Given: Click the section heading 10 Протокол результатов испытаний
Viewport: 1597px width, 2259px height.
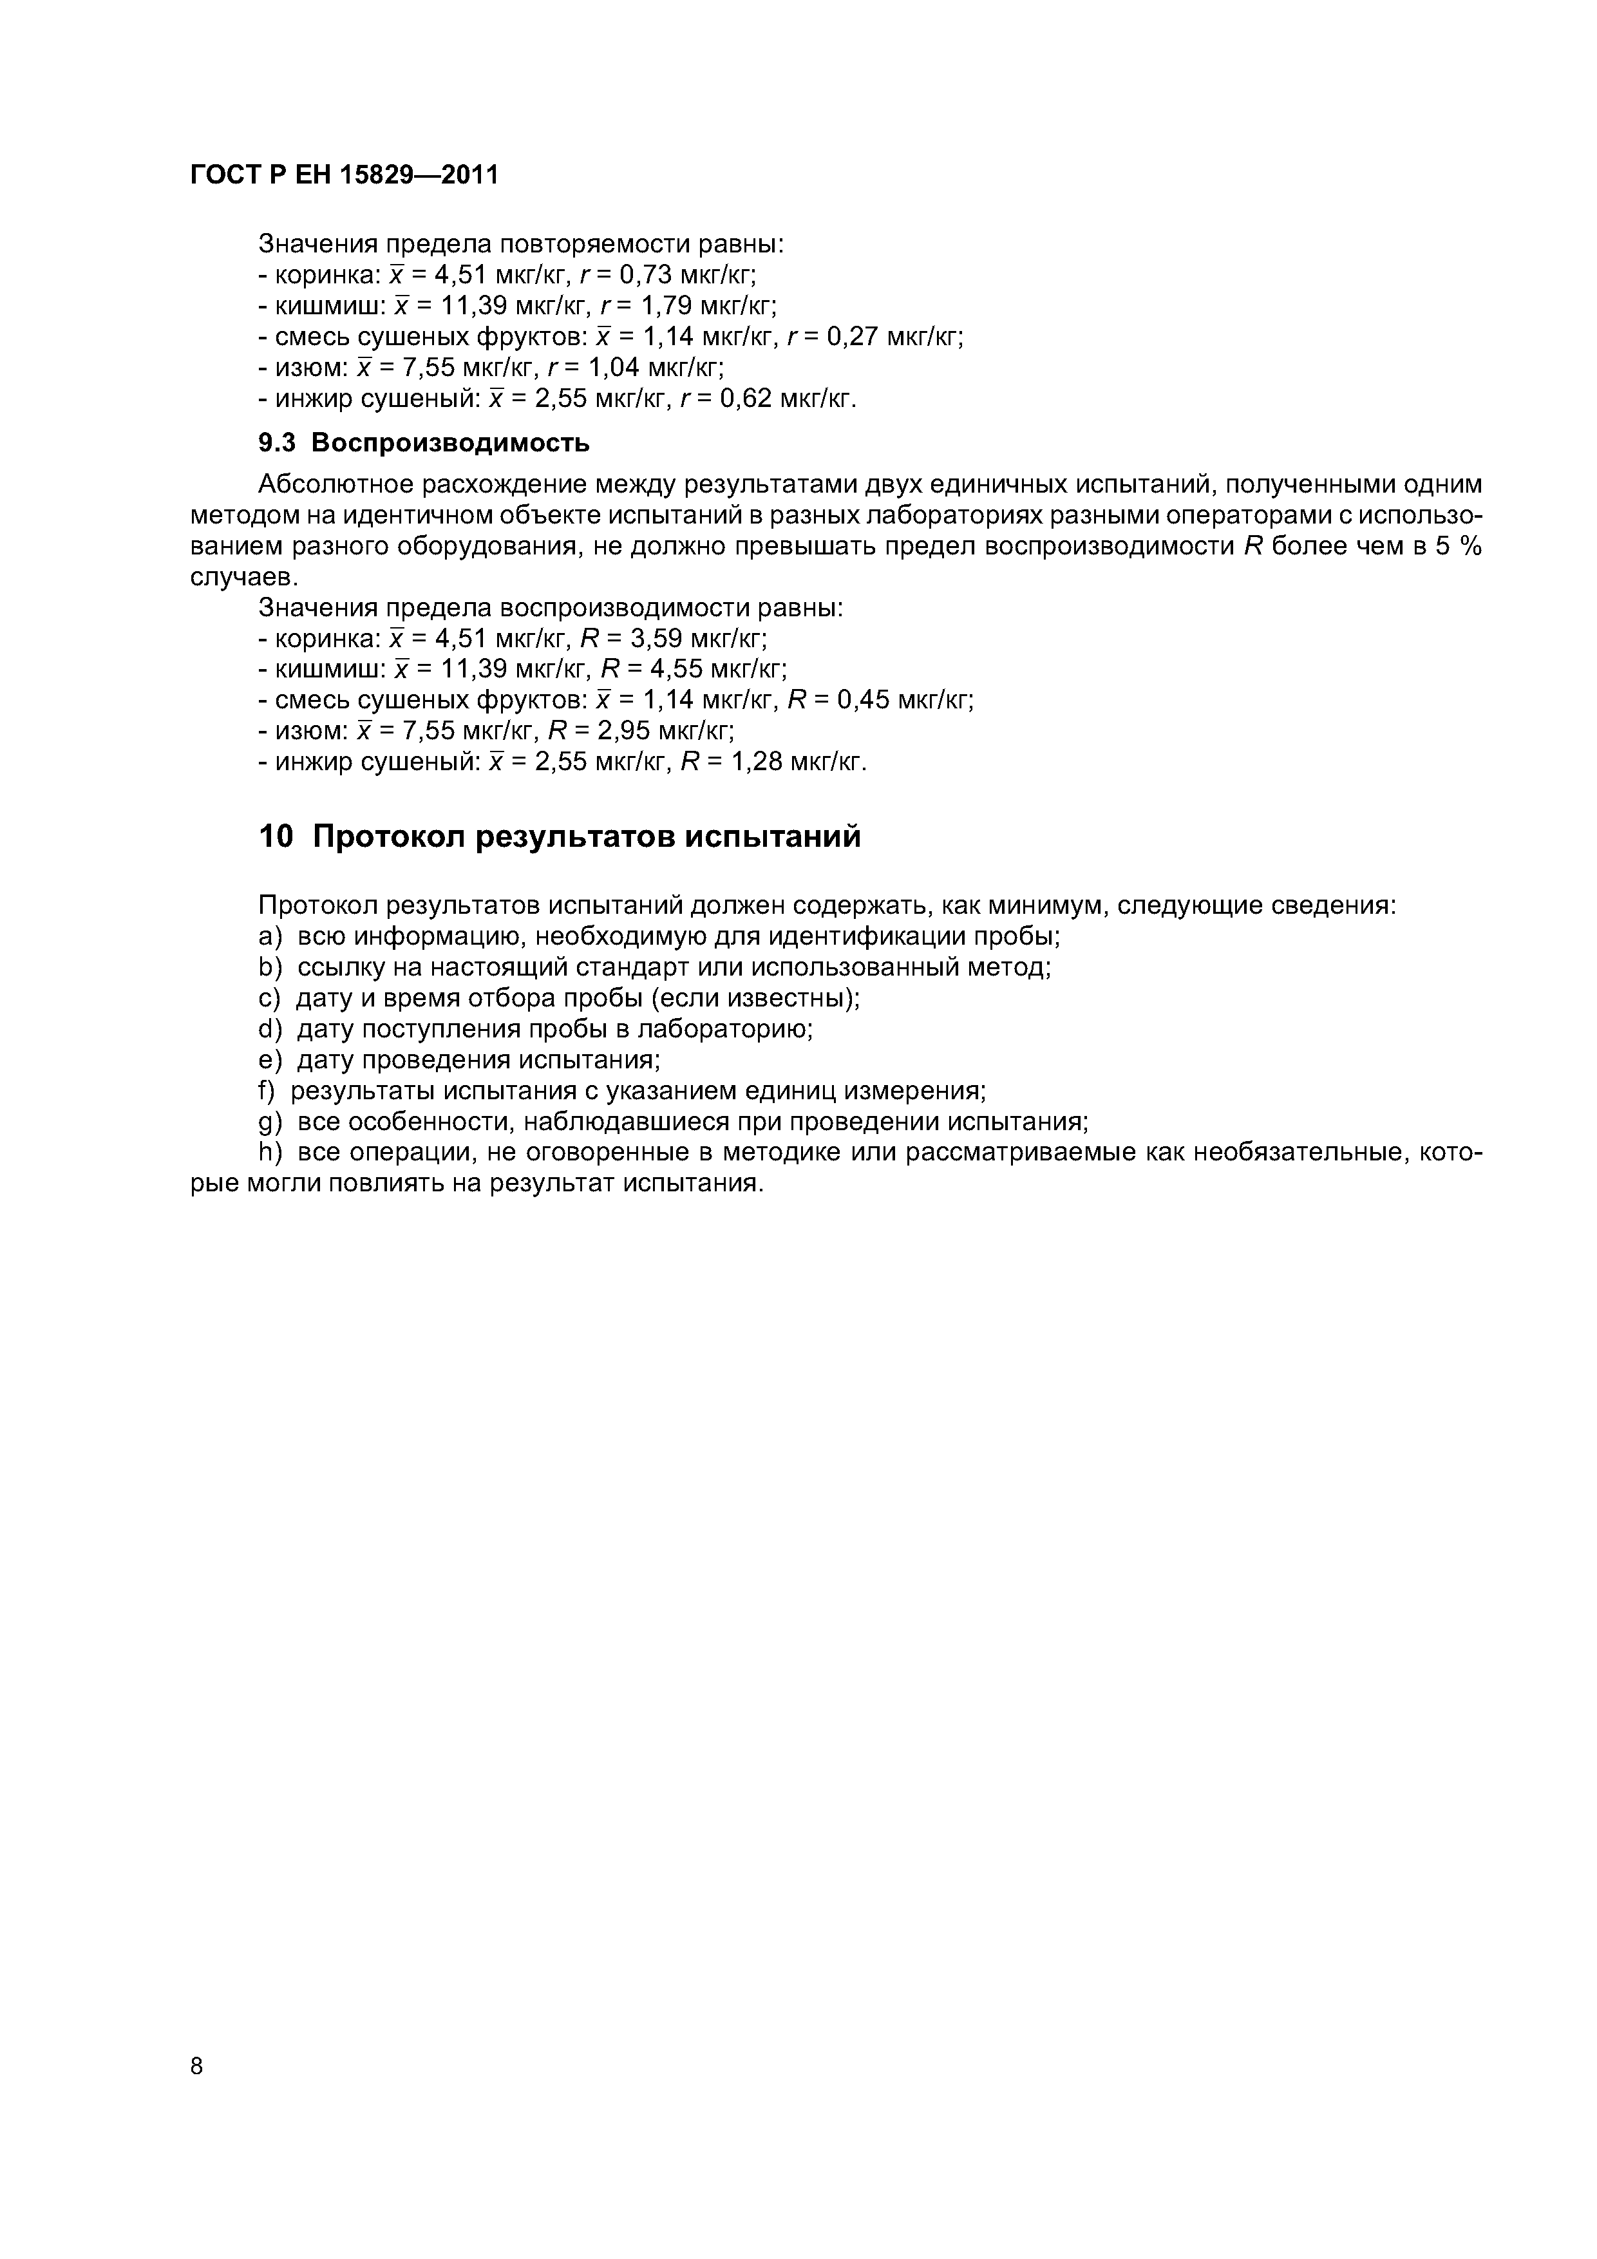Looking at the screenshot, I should pyautogui.click(x=559, y=836).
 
